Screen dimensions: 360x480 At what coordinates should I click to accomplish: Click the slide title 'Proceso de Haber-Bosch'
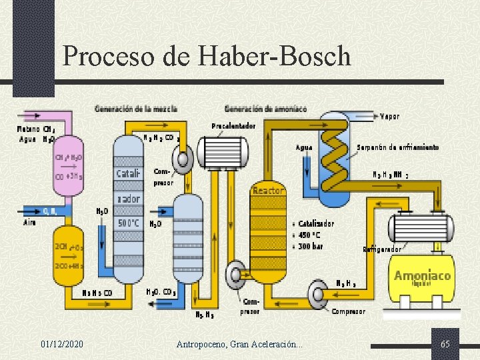click(x=207, y=55)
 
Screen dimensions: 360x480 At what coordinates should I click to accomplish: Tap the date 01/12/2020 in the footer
click(x=62, y=344)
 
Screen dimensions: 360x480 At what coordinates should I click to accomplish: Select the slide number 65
click(x=445, y=344)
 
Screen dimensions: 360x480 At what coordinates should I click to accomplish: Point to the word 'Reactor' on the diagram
click(x=268, y=191)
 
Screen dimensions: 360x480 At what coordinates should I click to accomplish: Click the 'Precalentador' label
click(x=233, y=126)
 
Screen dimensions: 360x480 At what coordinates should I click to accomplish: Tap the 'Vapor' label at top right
click(x=389, y=116)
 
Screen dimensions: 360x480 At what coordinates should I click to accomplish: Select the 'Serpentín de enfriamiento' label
click(x=397, y=147)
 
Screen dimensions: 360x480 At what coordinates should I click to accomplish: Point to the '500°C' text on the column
click(x=128, y=223)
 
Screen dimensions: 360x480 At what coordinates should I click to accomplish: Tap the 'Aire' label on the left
click(x=30, y=221)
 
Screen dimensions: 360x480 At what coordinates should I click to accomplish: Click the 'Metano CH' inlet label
click(x=36, y=129)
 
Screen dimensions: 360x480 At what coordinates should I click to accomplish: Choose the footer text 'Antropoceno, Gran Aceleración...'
click(x=239, y=344)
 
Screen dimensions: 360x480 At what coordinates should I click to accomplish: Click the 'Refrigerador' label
click(x=382, y=249)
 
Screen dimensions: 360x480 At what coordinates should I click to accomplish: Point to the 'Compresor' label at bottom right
click(x=348, y=311)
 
